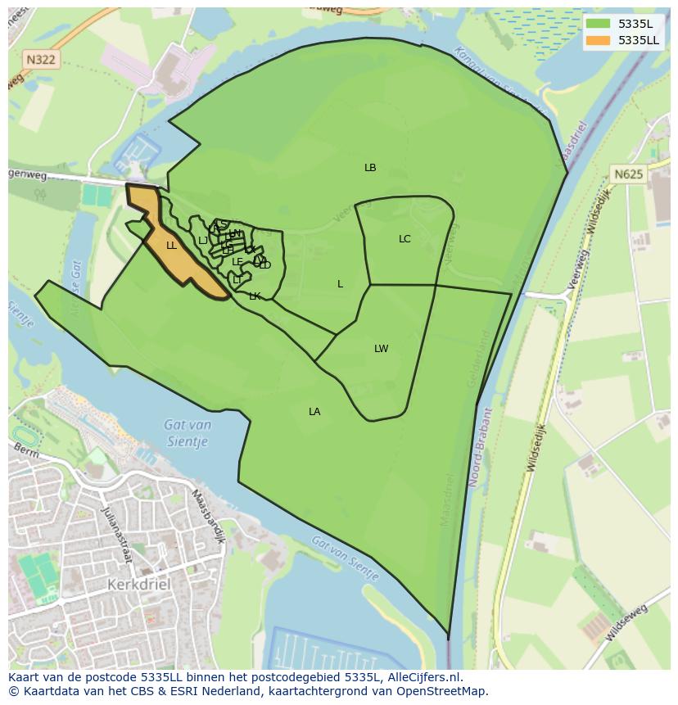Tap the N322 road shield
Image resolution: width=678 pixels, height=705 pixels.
point(40,59)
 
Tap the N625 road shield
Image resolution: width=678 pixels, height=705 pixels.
point(628,174)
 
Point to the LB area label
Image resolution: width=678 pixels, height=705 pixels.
point(370,168)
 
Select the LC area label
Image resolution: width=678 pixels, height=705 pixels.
point(405,239)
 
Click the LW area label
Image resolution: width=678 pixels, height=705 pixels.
point(381,349)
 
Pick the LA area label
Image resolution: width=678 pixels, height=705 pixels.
point(314,412)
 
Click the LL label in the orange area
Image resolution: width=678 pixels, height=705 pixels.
point(171,246)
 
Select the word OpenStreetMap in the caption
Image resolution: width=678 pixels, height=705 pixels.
point(442,691)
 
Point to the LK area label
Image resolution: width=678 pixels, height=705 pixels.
point(255,296)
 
